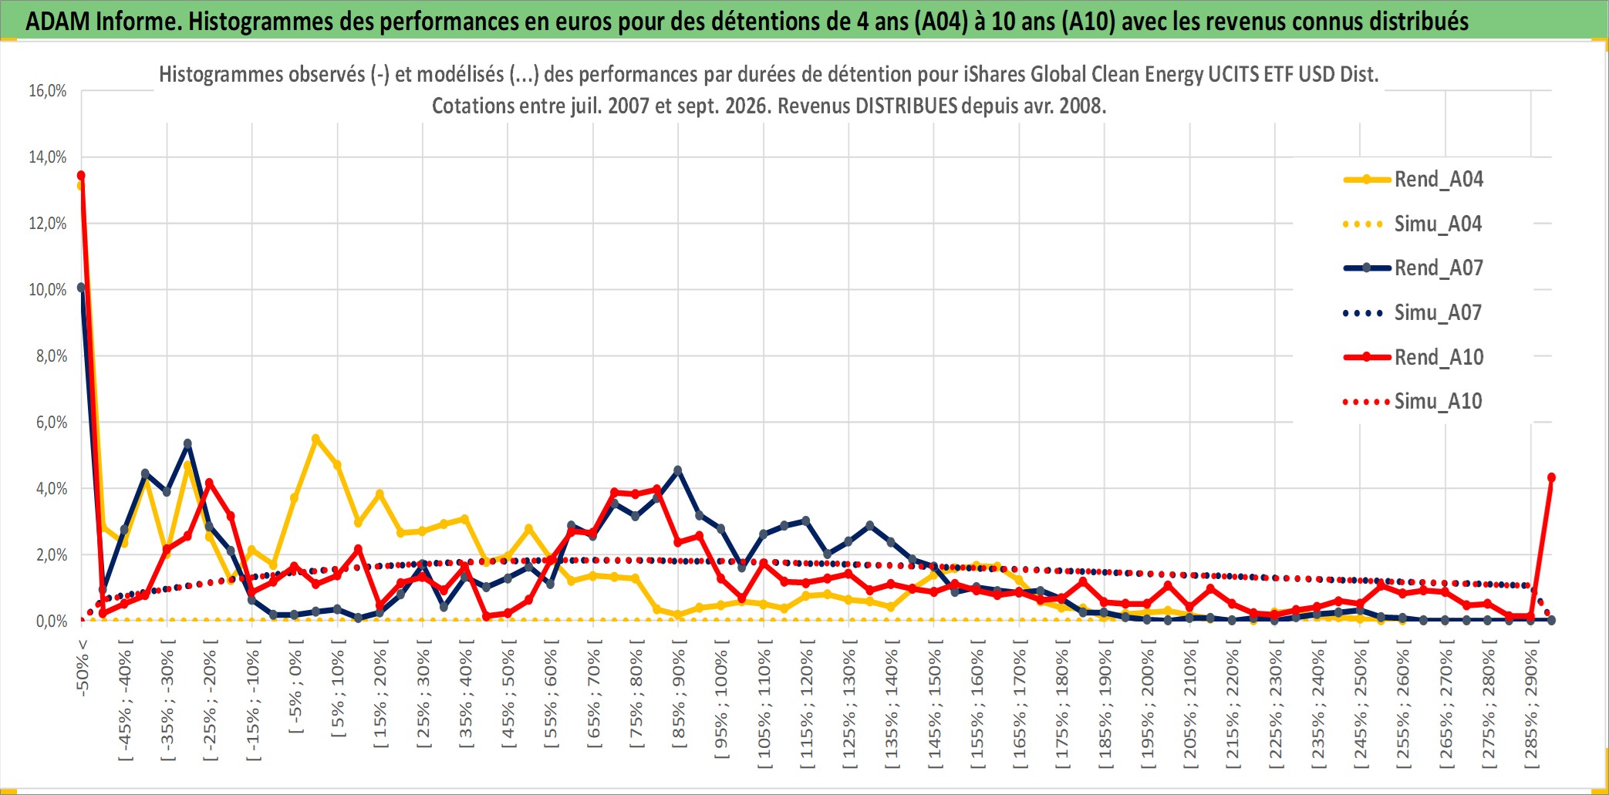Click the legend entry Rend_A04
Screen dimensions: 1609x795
1413,180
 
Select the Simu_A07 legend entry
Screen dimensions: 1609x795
1413,313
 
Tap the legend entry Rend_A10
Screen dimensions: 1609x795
1413,358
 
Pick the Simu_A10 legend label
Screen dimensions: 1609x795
1438,402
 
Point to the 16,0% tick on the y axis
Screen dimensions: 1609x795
48,91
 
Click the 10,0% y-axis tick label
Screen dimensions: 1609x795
48,290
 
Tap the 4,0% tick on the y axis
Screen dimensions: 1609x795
52,489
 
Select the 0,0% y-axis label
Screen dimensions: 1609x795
52,622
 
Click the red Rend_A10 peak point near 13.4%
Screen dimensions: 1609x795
81,176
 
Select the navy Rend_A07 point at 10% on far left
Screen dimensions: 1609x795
81,288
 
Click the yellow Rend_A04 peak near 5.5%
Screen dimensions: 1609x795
315,439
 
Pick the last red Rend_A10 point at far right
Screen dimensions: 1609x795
1551,477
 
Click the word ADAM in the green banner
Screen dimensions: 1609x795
58,22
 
